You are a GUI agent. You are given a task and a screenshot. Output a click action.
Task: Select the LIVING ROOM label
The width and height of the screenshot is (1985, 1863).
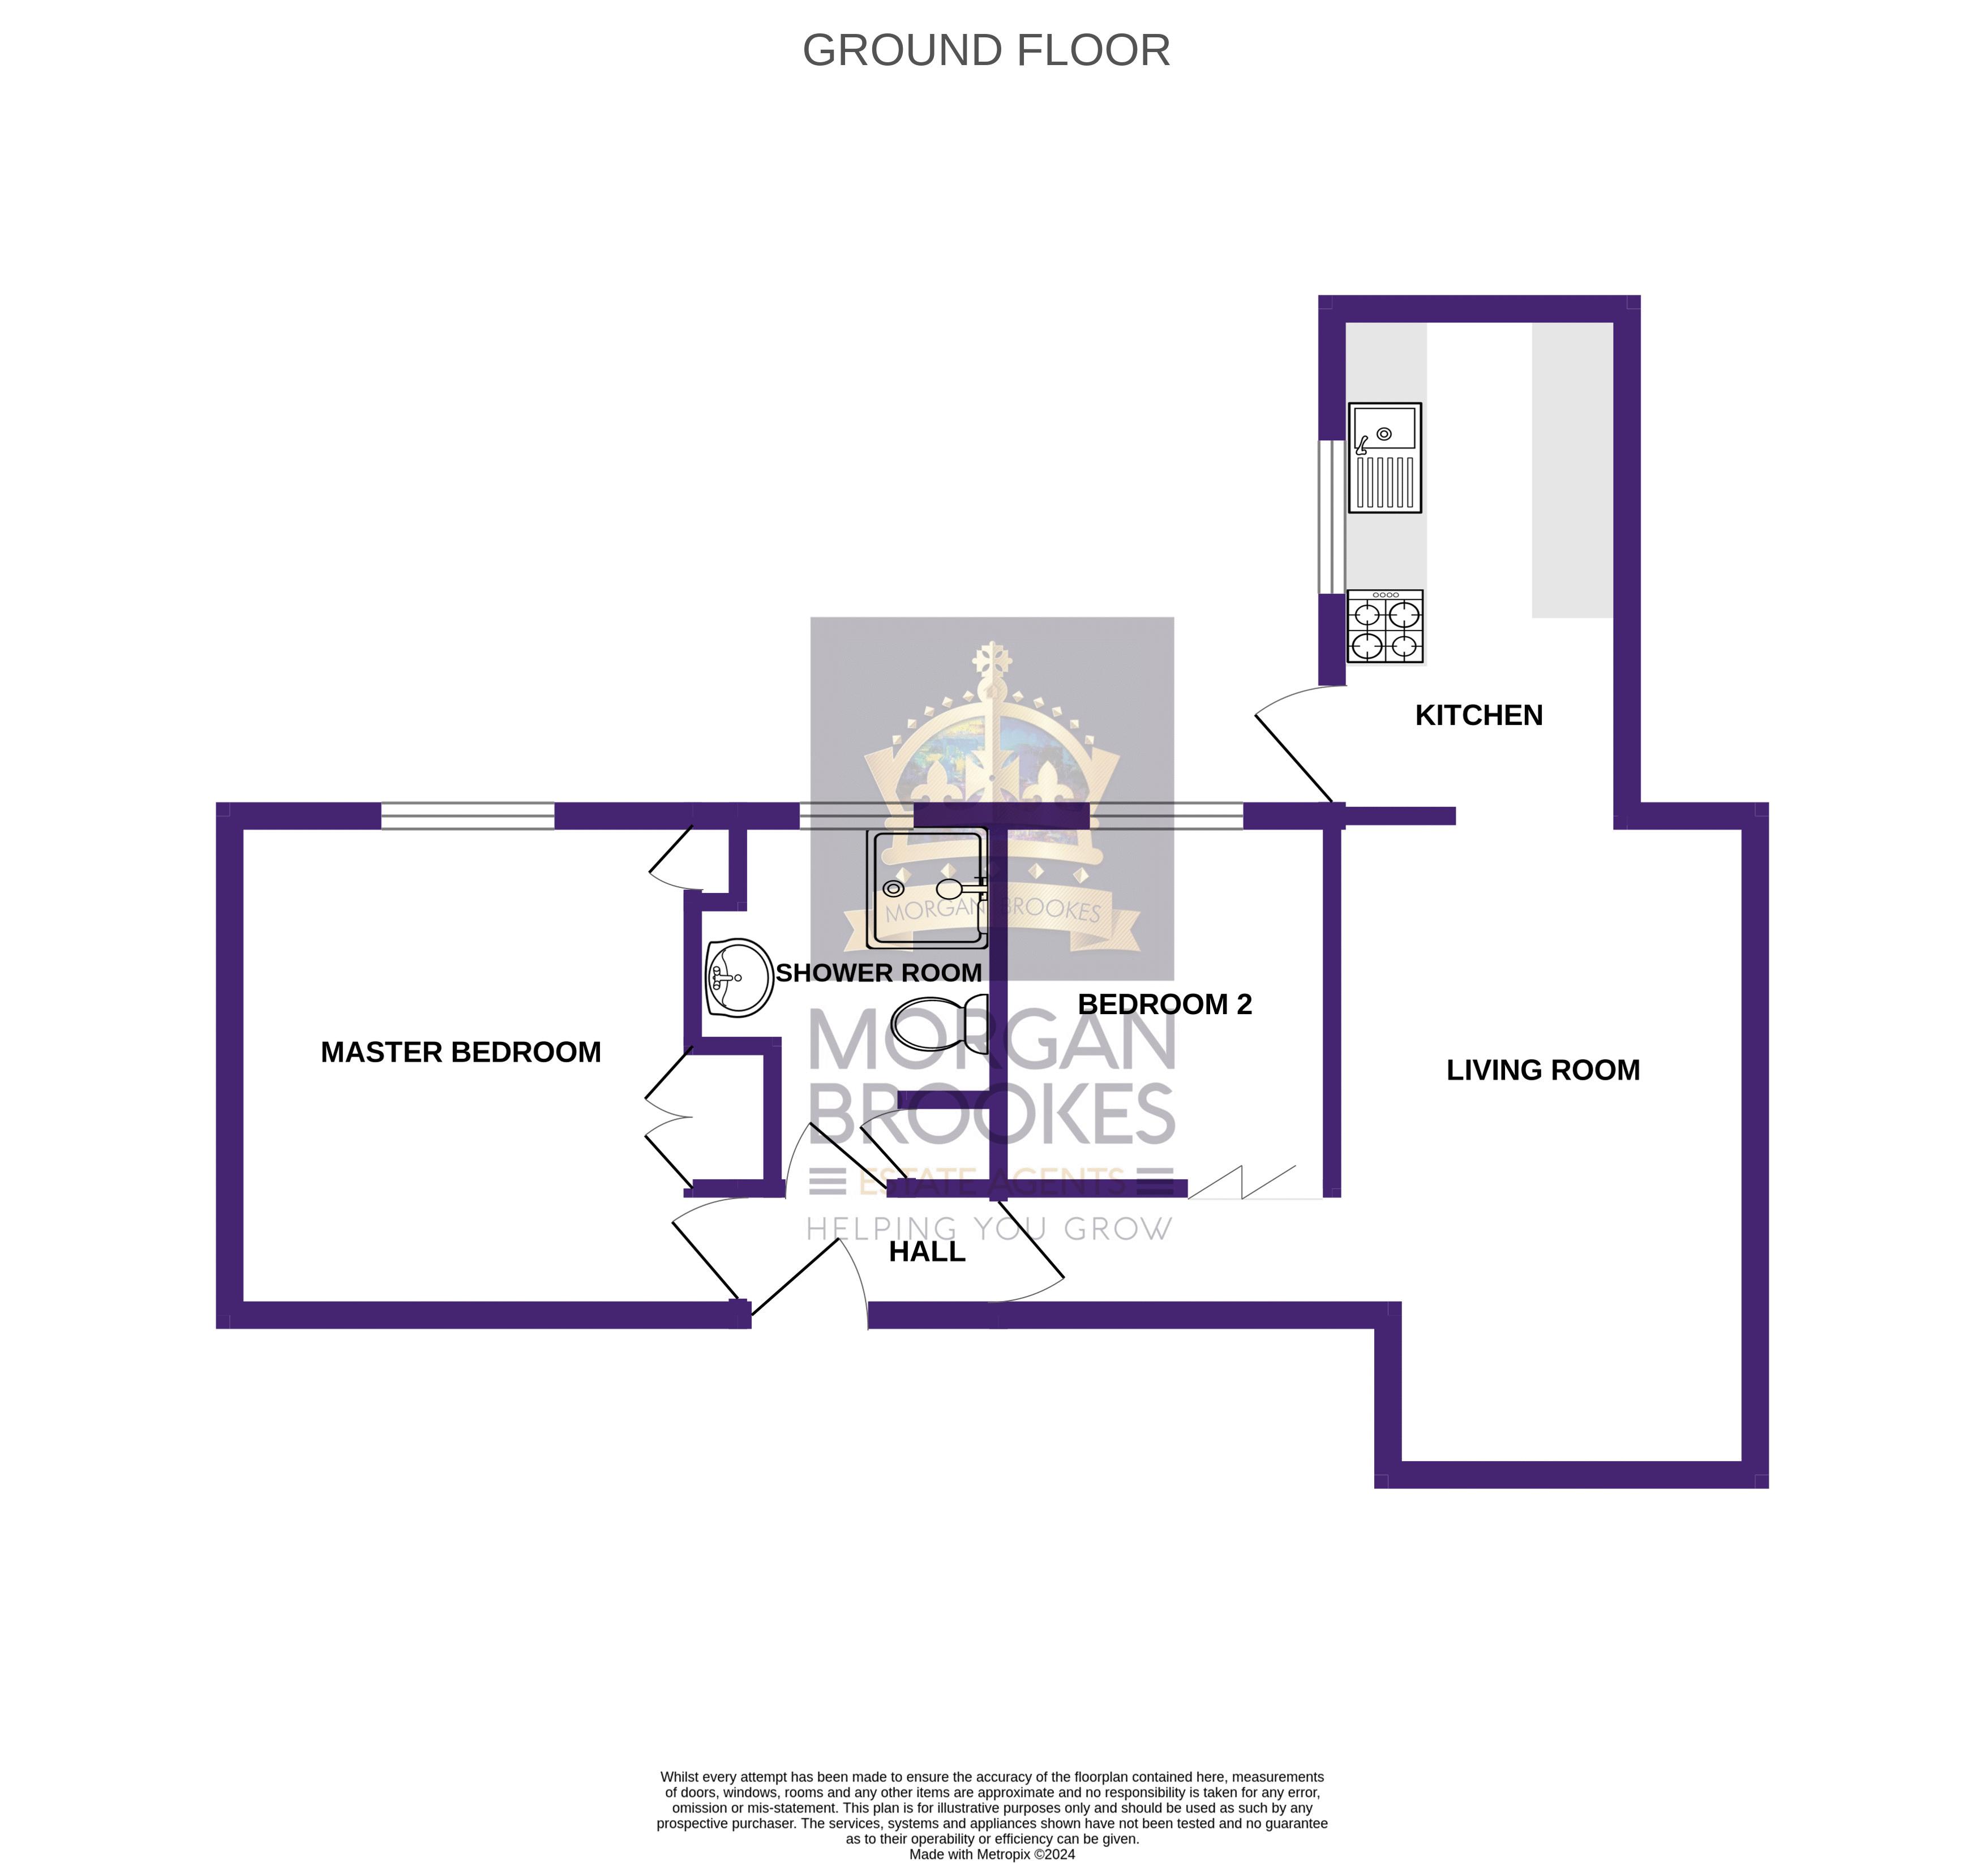coord(1543,1070)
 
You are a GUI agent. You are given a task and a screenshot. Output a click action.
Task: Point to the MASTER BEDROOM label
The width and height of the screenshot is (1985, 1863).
coord(460,1052)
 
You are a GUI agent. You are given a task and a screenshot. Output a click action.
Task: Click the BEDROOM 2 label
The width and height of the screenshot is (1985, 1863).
coord(1164,1005)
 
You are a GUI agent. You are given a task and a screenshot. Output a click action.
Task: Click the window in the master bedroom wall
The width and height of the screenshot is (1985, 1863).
coord(468,815)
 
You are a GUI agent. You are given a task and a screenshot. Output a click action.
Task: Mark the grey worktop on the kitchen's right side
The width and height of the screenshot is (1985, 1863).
coord(1572,469)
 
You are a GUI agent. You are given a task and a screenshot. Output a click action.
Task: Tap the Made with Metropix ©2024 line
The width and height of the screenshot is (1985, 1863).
coord(992,1854)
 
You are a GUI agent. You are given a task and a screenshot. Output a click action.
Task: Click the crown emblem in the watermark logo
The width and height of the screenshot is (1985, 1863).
coord(992,759)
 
